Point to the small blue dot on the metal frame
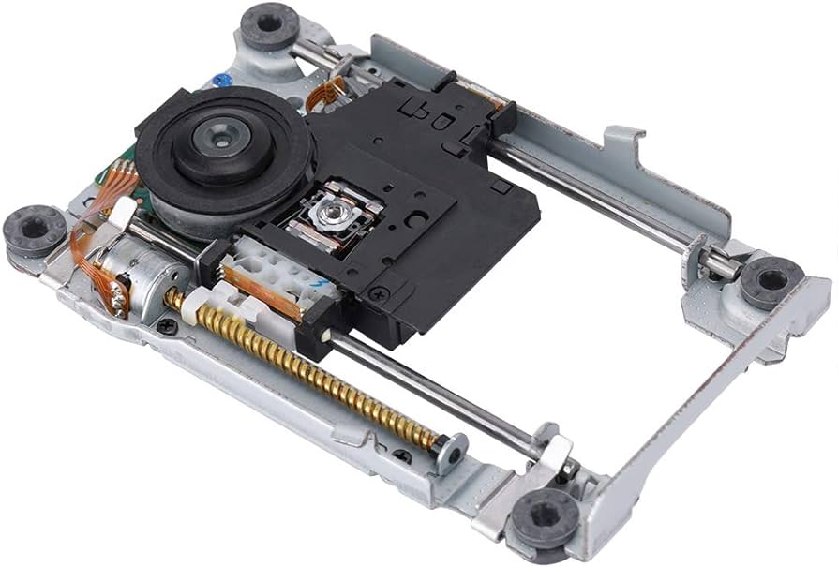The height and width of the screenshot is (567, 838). tap(221, 81)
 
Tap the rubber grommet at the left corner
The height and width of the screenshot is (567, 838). tap(34, 228)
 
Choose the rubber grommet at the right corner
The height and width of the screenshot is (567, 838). tap(771, 278)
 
